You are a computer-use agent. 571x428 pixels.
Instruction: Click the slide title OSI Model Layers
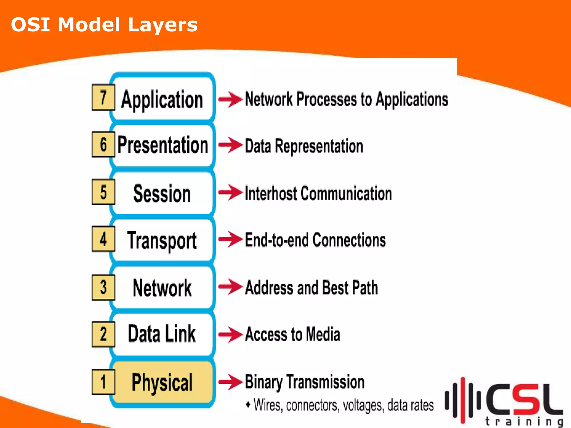click(104, 25)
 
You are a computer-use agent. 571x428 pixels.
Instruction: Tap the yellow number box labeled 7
click(103, 97)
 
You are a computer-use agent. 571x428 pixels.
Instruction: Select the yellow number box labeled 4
click(103, 239)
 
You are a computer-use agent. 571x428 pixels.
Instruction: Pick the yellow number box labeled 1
click(103, 381)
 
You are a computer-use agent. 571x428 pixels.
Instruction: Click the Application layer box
click(162, 99)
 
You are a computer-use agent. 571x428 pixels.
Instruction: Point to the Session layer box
click(162, 193)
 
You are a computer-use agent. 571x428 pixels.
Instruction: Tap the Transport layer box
click(162, 240)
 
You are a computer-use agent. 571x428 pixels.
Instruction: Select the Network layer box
click(162, 288)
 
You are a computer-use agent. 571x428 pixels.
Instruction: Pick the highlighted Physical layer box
click(162, 382)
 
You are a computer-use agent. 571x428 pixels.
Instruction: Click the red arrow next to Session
click(230, 192)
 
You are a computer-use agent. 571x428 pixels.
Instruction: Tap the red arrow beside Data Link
click(230, 334)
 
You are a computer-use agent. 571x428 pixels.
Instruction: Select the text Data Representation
click(304, 146)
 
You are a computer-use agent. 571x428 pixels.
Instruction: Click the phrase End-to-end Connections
click(315, 240)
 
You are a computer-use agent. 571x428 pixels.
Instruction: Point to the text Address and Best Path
click(311, 287)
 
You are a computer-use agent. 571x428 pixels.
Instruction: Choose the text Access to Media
click(292, 334)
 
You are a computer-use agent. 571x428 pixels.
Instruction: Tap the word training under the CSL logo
click(524, 421)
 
